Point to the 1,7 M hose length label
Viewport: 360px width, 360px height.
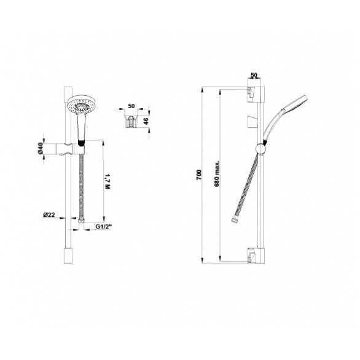pos(108,181)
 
